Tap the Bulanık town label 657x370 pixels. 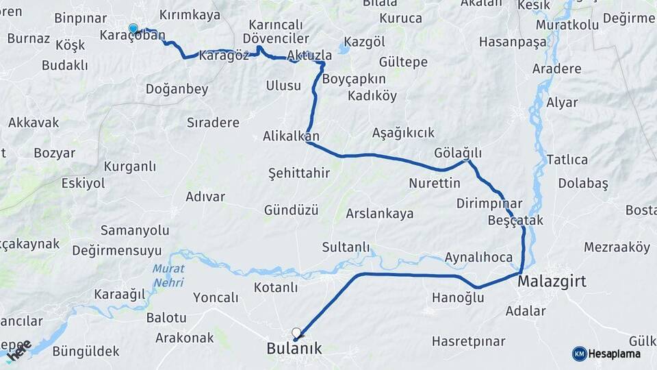294,348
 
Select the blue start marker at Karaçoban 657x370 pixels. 133,29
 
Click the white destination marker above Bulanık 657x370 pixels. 296,333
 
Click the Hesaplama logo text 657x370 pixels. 615,354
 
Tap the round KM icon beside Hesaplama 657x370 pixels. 579,354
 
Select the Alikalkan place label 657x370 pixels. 291,136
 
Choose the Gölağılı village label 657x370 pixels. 459,152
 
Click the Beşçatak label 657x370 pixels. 515,221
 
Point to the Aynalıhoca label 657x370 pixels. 478,258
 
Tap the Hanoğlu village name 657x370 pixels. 458,297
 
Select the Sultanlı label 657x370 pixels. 346,247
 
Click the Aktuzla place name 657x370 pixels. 310,55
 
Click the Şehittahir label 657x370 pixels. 299,173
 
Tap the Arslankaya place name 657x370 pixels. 380,214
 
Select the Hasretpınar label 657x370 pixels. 469,341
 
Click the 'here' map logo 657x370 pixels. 18,351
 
